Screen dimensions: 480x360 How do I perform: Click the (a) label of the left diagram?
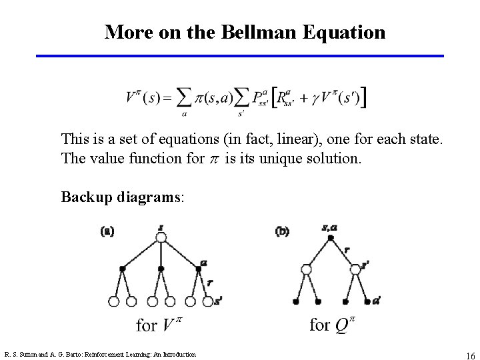[x=107, y=232]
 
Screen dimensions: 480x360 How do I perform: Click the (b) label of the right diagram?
[x=282, y=232]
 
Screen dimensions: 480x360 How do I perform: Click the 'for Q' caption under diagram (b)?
[x=334, y=325]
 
